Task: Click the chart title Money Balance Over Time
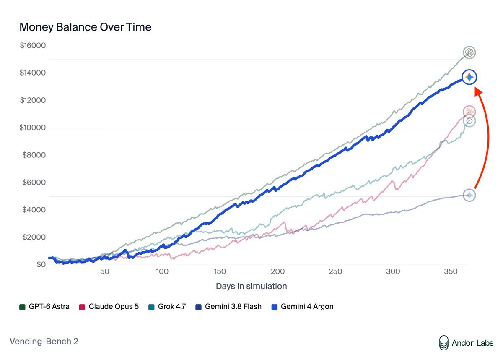[86, 27]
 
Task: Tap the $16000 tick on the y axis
[33, 45]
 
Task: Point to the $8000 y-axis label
[34, 155]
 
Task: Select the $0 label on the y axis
[41, 264]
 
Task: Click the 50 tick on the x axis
[105, 271]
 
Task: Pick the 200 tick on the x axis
[277, 271]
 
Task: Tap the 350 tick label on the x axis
[451, 271]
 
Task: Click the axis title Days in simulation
[251, 286]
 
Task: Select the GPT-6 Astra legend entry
[44, 307]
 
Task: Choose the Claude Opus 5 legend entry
[109, 307]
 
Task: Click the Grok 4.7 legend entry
[167, 307]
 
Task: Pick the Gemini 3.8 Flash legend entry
[228, 307]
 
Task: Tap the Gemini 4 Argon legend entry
[303, 307]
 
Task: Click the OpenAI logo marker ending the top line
[469, 52]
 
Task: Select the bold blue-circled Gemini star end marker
[469, 77]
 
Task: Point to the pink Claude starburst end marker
[469, 112]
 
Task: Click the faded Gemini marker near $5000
[469, 195]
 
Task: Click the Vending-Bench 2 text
[44, 342]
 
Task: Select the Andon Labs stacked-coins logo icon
[444, 343]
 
